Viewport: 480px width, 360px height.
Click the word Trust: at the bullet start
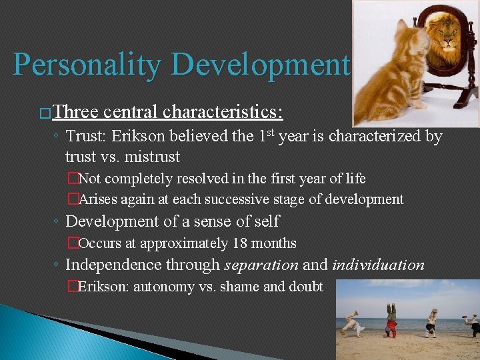[87, 137]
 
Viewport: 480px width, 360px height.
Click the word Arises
[99, 199]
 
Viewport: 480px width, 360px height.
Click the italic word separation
[261, 265]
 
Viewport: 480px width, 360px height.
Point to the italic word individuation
[378, 265]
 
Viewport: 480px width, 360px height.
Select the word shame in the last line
[235, 287]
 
